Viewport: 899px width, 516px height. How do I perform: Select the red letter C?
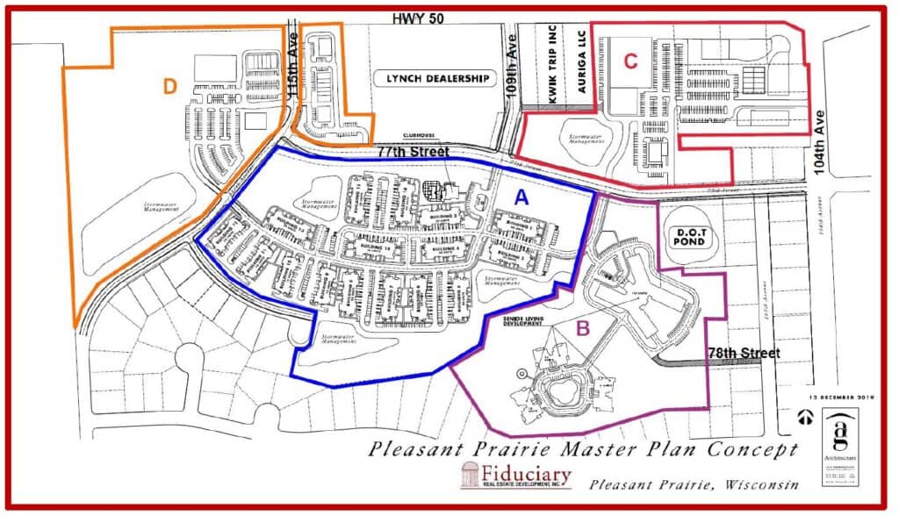click(x=630, y=61)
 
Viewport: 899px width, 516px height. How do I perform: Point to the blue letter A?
click(x=521, y=198)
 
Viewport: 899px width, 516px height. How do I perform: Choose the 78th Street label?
click(x=744, y=353)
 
